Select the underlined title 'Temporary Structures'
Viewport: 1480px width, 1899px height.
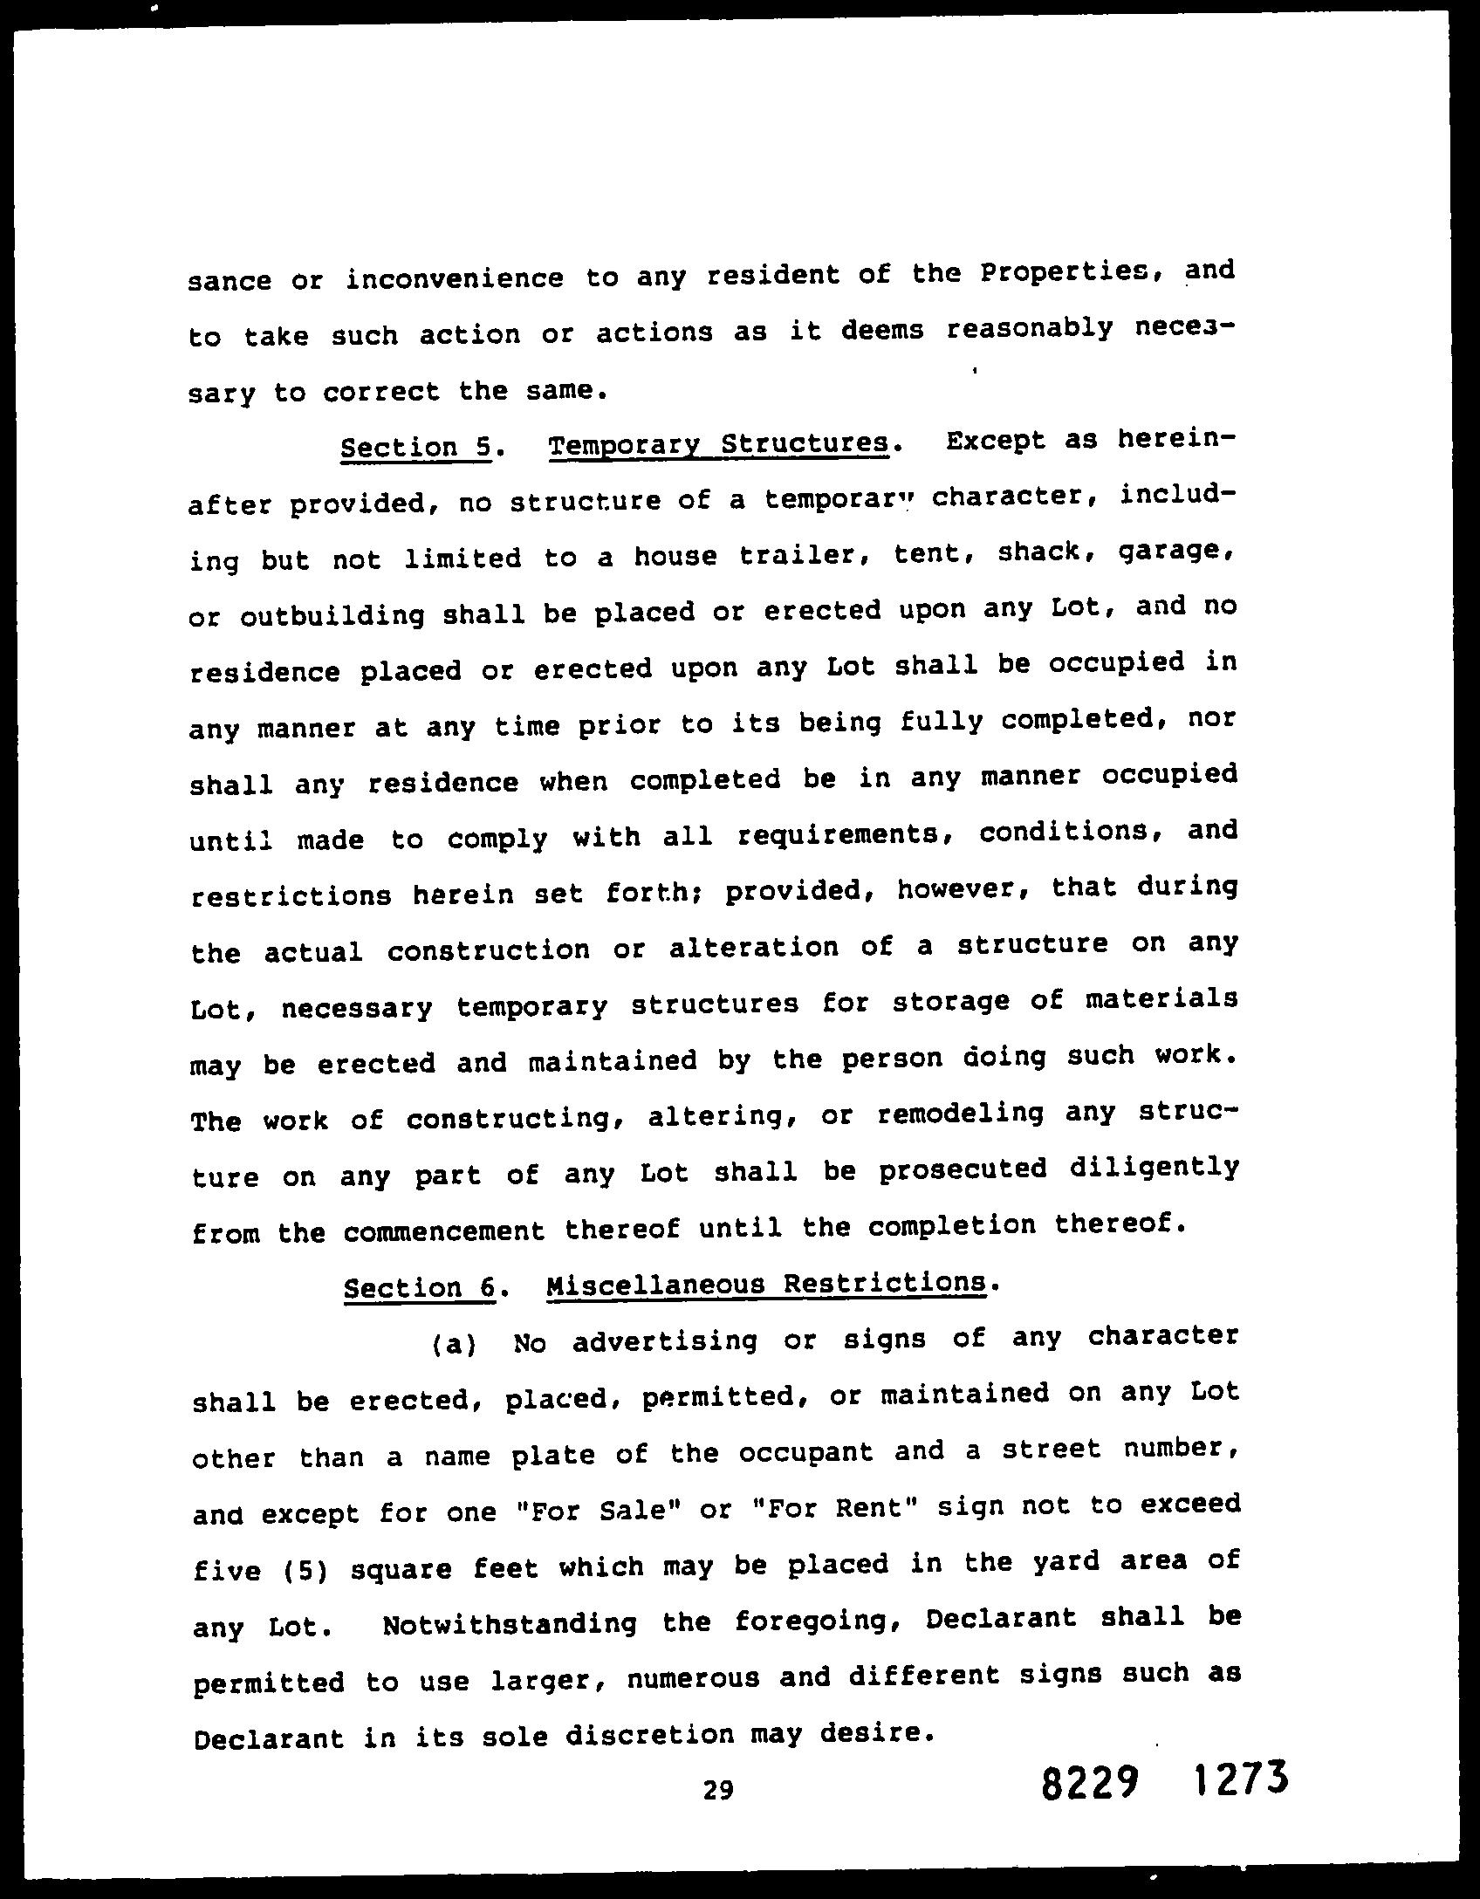point(719,444)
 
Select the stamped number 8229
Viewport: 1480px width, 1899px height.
point(1091,1786)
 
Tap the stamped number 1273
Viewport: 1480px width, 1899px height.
point(1239,1780)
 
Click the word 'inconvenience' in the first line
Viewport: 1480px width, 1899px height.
point(454,279)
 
